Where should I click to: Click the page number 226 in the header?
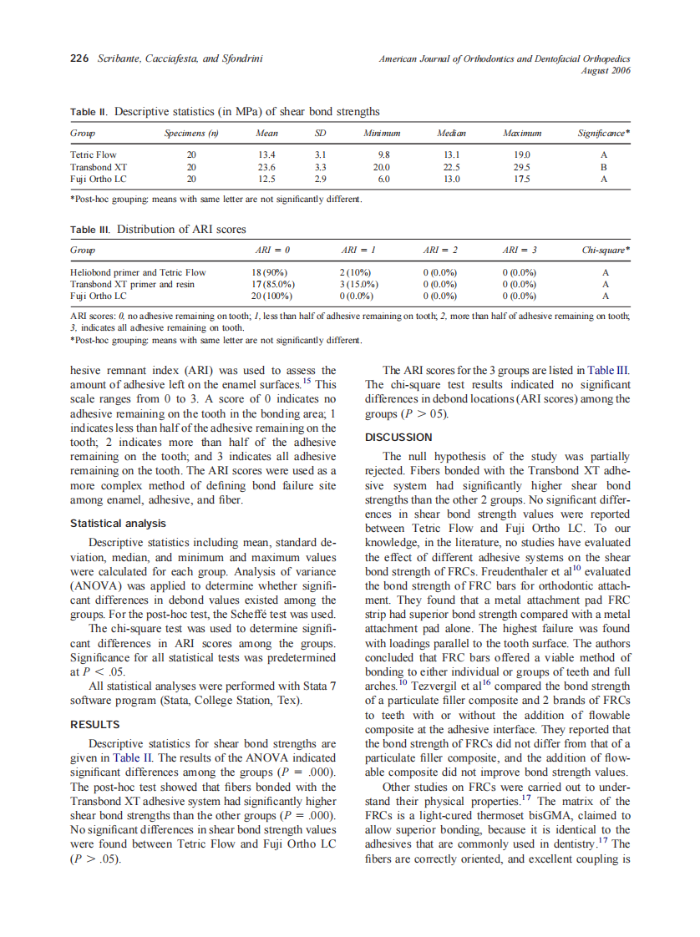tap(79, 58)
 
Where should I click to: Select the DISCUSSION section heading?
tap(398, 437)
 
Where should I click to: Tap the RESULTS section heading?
tap(95, 724)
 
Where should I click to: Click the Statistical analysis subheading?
tap(118, 524)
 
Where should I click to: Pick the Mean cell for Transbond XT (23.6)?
tap(266, 166)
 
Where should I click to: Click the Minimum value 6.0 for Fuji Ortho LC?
tap(383, 178)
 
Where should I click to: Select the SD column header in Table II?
tap(320, 134)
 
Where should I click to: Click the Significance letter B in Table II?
tap(604, 166)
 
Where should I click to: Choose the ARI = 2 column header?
tap(439, 251)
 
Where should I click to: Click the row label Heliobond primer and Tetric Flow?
tap(138, 272)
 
